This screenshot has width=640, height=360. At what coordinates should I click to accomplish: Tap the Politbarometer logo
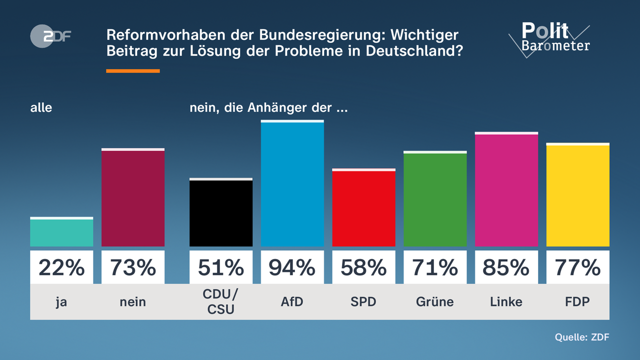(x=549, y=38)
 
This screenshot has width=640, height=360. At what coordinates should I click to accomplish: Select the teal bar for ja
(x=61, y=232)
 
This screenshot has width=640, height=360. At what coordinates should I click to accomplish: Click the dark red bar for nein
(x=133, y=198)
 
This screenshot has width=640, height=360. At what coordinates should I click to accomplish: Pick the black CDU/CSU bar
(x=220, y=212)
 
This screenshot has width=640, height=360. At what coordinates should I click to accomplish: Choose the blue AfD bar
(x=292, y=184)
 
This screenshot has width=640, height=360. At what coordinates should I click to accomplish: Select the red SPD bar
(x=363, y=208)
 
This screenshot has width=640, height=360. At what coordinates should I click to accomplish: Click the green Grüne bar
(x=435, y=199)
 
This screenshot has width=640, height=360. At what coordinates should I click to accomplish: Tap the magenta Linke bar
(x=506, y=190)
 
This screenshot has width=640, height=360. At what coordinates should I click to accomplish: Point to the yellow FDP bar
(x=577, y=195)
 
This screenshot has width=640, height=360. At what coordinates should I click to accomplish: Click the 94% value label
(x=292, y=268)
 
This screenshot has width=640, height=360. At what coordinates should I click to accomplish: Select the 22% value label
(x=61, y=268)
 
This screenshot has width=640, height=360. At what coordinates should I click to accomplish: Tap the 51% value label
(x=220, y=268)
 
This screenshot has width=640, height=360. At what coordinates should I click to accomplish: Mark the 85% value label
(x=506, y=268)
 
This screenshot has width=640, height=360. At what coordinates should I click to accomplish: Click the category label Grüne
(x=435, y=301)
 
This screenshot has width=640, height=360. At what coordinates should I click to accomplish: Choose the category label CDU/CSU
(x=220, y=301)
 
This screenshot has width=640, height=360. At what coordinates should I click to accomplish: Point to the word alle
(x=41, y=107)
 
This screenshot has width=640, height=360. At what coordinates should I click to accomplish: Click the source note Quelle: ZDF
(x=582, y=337)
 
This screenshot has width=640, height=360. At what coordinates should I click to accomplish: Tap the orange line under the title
(x=133, y=71)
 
